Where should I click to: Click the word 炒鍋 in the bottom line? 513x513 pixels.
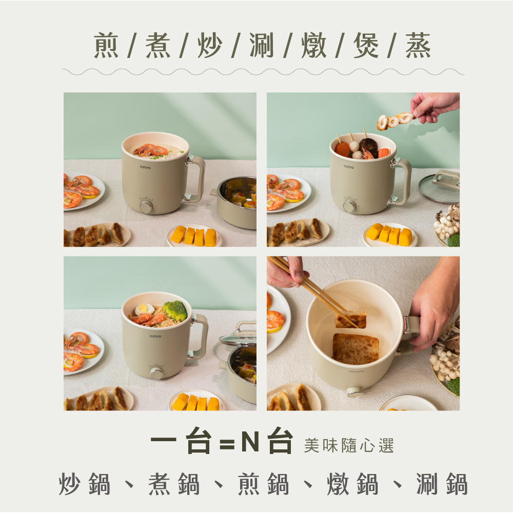[x=85, y=484]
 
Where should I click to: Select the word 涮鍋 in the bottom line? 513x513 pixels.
[x=442, y=484]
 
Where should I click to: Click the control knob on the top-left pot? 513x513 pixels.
[x=146, y=206]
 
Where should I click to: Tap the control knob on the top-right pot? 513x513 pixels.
[x=350, y=206]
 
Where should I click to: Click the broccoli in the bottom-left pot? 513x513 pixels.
[x=175, y=310]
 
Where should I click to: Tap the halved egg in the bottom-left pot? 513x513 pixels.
[x=144, y=309]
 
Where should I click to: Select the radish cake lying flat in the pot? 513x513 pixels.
[x=356, y=349]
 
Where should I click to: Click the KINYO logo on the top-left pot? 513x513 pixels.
[x=146, y=167]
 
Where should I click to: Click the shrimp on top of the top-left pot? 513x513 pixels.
[x=150, y=150]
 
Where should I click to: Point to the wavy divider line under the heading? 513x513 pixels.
[x=263, y=72]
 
